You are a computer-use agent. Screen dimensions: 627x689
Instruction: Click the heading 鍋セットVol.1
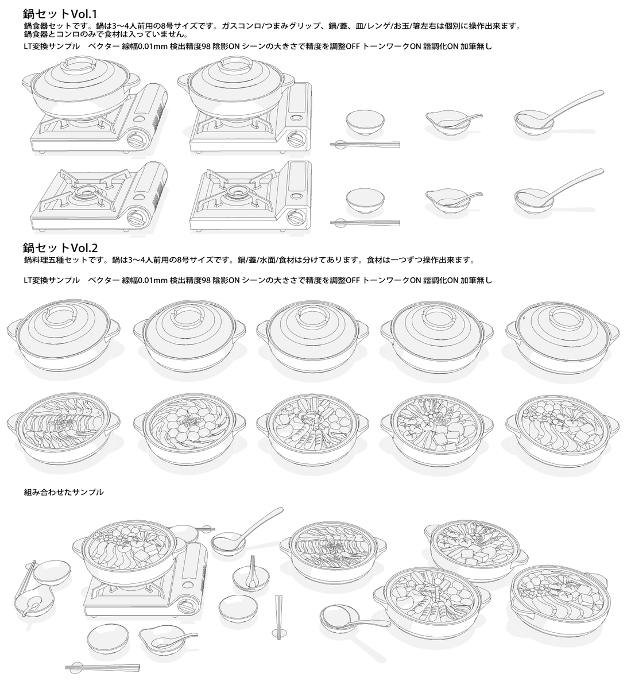[x=60, y=14]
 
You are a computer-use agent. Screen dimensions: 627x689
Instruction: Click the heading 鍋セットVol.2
[x=60, y=247]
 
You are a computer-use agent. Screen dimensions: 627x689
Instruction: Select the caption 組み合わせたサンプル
[x=64, y=492]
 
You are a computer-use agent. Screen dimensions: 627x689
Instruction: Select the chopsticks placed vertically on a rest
[x=278, y=617]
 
